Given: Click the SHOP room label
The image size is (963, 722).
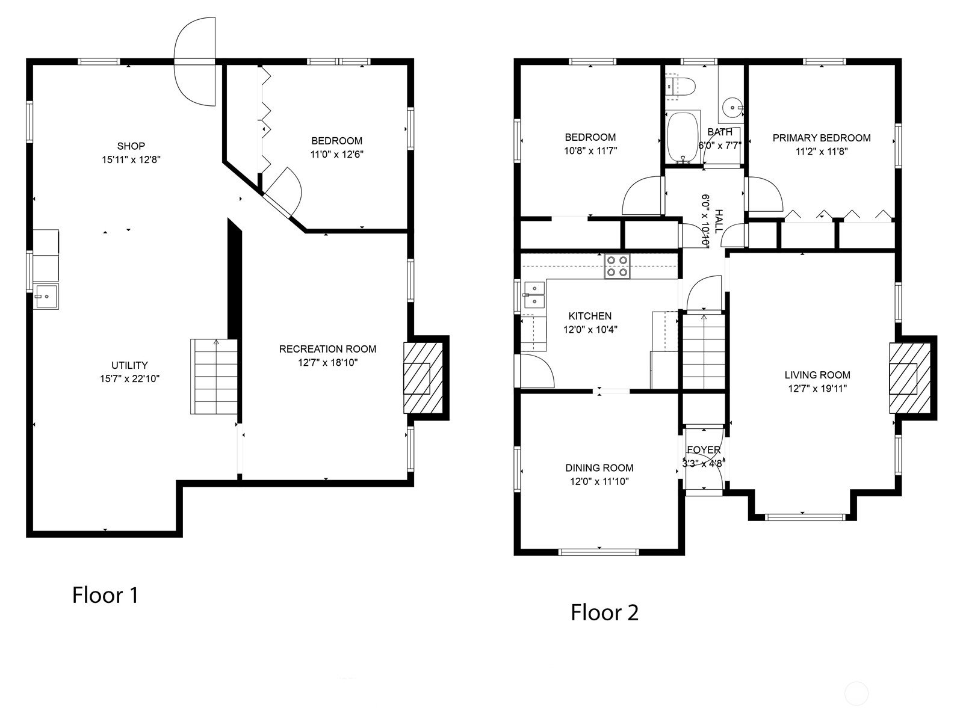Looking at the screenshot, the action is click(131, 146).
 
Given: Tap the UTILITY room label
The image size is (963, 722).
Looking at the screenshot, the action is click(129, 365).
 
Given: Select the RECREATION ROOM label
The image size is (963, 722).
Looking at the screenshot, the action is click(328, 349).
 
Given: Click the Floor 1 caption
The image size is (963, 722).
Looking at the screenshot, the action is click(105, 595).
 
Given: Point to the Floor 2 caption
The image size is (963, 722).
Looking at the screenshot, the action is click(604, 612).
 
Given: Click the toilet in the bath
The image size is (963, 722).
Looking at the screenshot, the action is click(681, 87).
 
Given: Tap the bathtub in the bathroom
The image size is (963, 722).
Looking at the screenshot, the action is click(683, 138).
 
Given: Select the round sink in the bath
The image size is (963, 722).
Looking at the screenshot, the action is click(732, 107).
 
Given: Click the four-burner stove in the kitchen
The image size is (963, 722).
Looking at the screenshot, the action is click(617, 266).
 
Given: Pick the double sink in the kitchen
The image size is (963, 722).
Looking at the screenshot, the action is click(534, 295).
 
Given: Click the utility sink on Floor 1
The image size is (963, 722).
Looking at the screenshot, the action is click(46, 297).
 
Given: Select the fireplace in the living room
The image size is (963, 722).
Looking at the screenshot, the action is click(909, 378).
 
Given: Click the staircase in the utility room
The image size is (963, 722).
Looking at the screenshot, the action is click(214, 377).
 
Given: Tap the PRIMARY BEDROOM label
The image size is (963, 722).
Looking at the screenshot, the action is click(822, 138).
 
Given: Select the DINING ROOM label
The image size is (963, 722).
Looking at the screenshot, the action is click(599, 467).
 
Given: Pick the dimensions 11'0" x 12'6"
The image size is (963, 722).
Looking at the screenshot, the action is click(337, 154).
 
